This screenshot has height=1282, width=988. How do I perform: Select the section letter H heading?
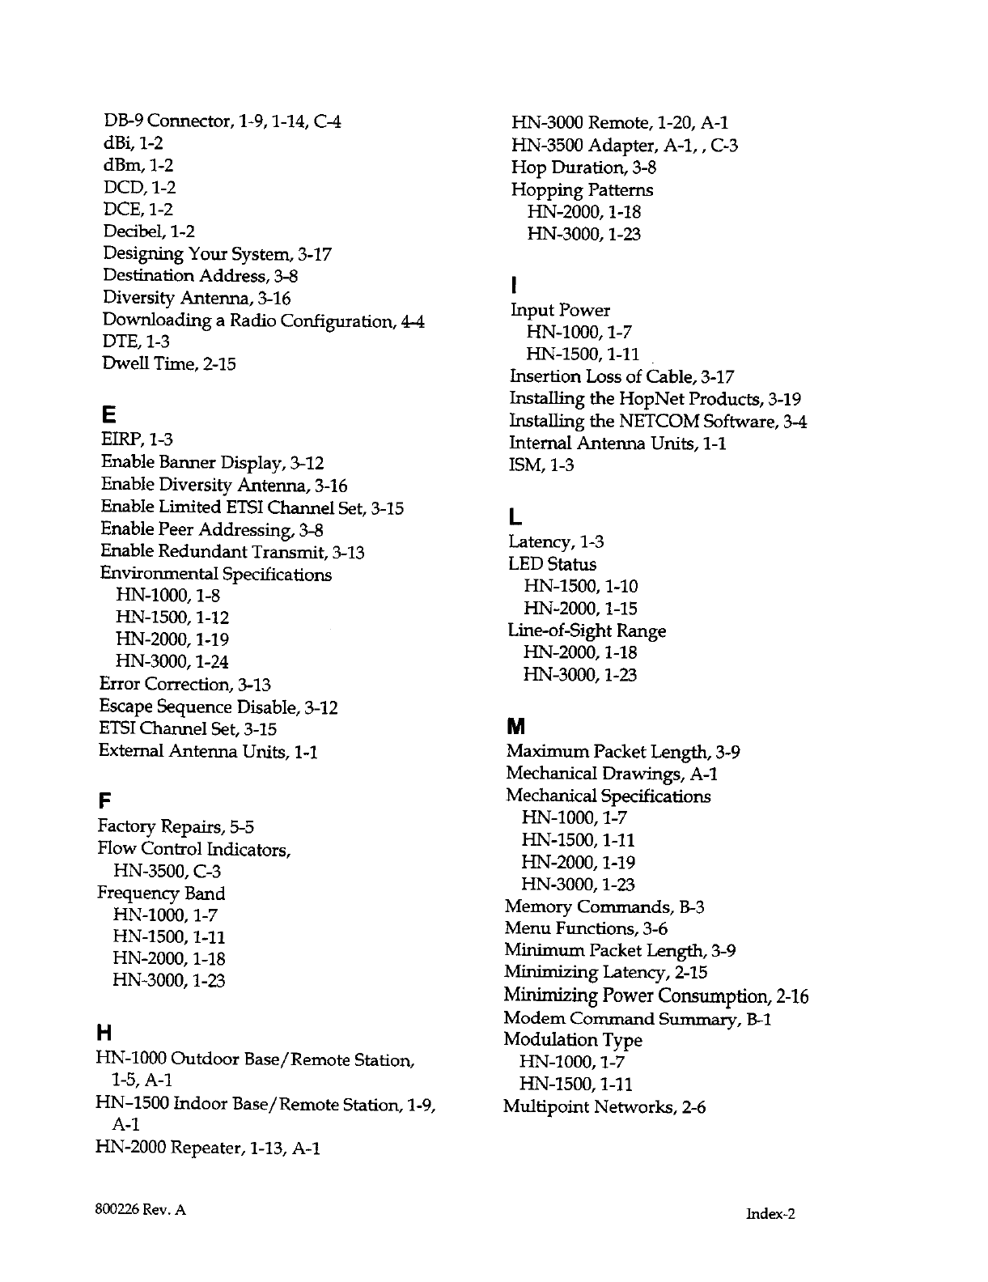pos(103,1034)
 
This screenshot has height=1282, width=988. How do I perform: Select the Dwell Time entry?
pos(169,363)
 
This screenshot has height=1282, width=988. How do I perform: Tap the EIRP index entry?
pos(137,439)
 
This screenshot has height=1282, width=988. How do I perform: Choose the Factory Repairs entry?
pos(176,826)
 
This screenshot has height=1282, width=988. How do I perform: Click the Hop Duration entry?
pos(583,168)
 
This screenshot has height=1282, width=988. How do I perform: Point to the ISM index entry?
pos(541,465)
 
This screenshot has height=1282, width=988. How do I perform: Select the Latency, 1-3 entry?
pos(556,541)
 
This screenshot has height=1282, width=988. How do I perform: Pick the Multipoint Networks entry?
pos(604,1106)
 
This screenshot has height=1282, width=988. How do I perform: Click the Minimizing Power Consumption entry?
pos(655,995)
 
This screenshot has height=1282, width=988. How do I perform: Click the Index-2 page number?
pos(771,1213)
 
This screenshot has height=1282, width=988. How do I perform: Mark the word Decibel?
pos(134,231)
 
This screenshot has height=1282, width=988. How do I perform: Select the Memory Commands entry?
pos(604,906)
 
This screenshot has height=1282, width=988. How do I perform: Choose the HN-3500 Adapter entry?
pos(624,146)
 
